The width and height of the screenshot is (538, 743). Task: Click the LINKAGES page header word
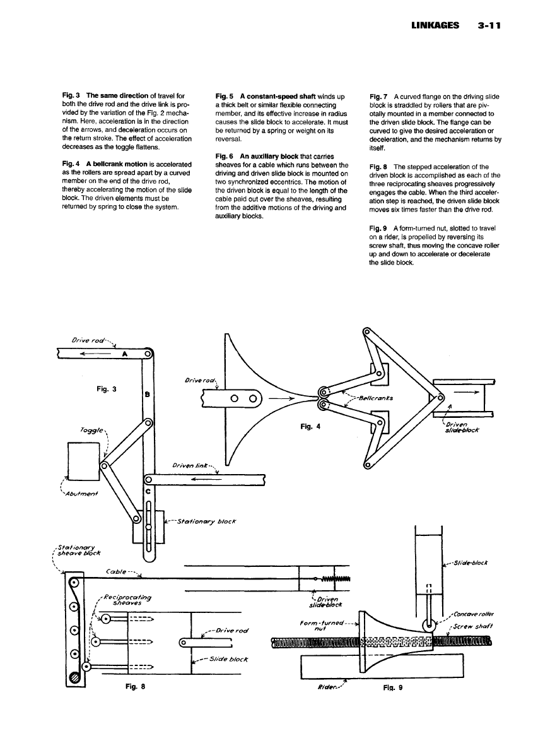pos(431,27)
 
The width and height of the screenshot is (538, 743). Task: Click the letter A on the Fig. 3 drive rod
pos(125,354)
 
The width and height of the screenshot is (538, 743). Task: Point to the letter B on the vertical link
pos(147,395)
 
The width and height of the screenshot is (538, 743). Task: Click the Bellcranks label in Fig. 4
pos(375,398)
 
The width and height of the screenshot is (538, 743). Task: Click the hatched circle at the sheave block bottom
pos(74,677)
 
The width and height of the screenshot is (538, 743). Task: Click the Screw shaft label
pos(474,626)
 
